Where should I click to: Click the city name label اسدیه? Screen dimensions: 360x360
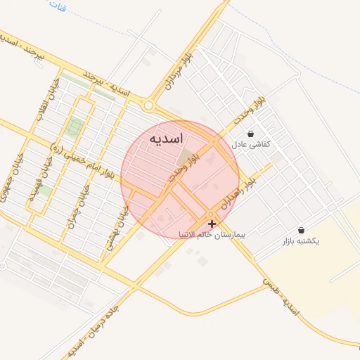167,139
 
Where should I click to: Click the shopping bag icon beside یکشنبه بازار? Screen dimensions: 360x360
301,230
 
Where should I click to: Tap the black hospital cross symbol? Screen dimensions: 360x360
212,223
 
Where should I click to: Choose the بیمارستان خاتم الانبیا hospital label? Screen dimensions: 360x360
210,236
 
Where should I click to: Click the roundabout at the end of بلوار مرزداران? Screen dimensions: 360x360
149,106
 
